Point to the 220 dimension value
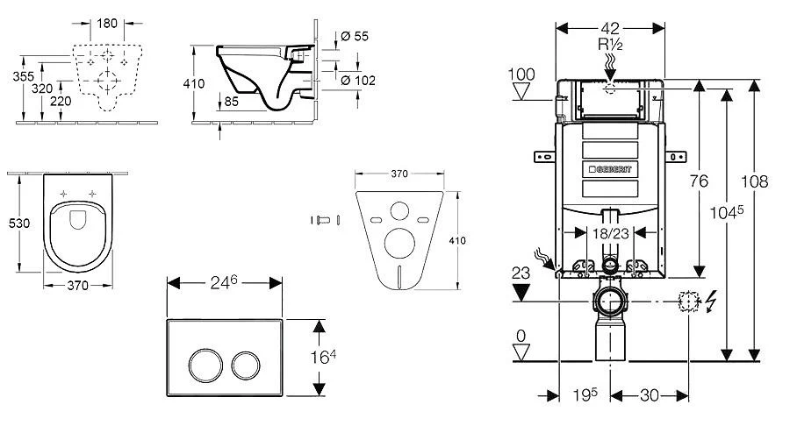pos(61,101)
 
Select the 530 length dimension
pos(18,224)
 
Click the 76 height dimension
pos(698,181)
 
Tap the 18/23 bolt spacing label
pos(607,233)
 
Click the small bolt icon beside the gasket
pos(321,219)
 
